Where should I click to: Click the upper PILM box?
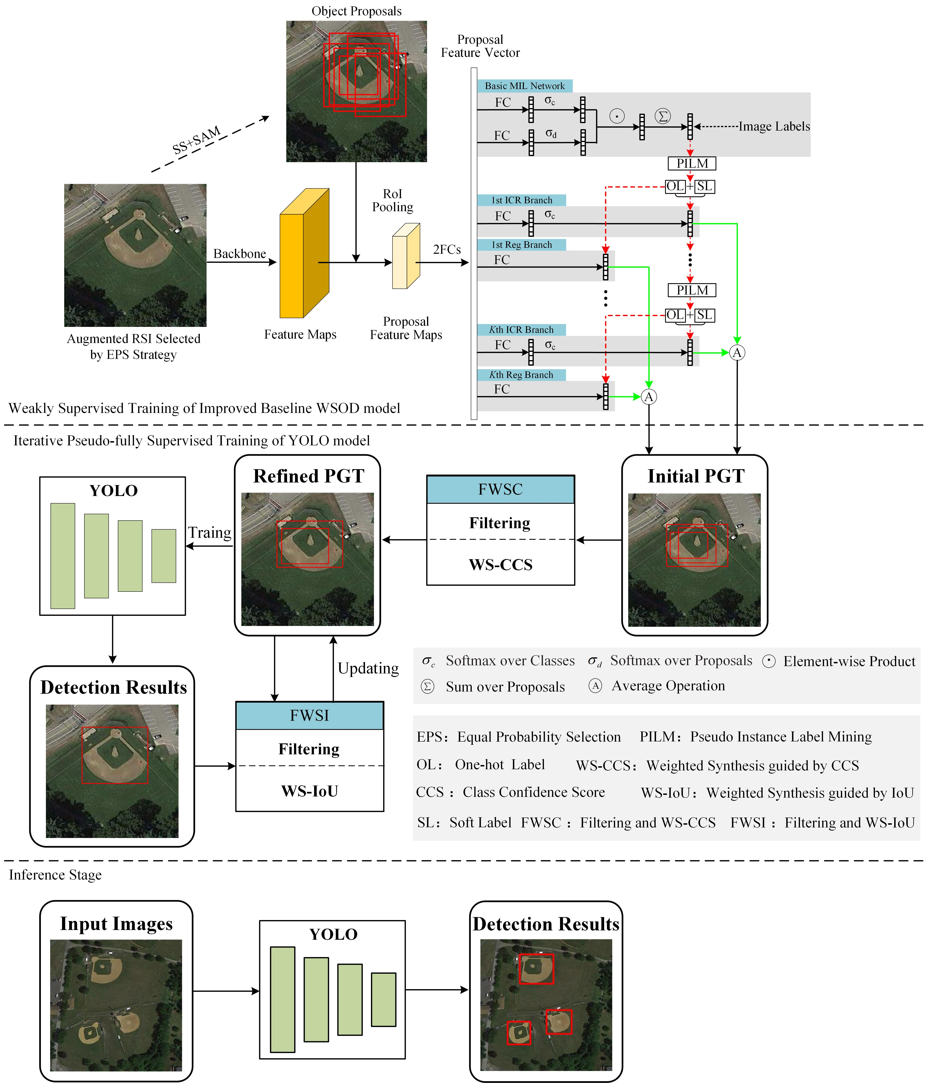click(692, 164)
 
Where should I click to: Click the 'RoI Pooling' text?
click(393, 201)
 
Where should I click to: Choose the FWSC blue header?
click(500, 489)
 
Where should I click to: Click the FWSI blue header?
click(310, 716)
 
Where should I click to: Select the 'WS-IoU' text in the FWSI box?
click(310, 791)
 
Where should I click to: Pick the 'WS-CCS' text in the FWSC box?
click(500, 565)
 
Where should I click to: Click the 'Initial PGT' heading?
click(695, 476)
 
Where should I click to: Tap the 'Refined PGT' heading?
click(309, 476)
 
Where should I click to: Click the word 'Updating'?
click(368, 668)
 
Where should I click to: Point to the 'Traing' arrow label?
click(210, 533)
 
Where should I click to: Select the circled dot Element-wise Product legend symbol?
click(769, 661)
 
